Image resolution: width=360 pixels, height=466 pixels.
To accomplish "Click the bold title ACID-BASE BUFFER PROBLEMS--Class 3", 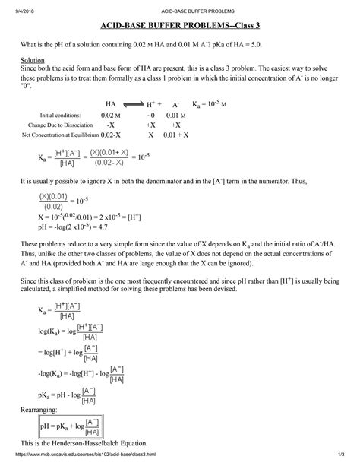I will pyautogui.click(x=179, y=28).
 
